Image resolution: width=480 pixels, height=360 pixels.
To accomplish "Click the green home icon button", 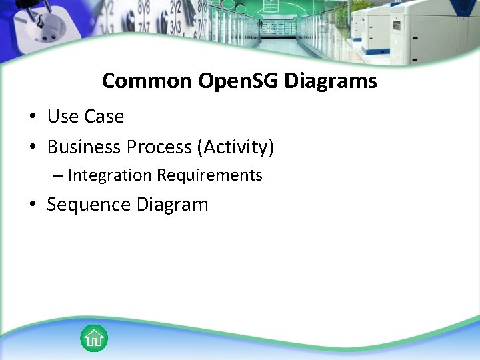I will [94, 338].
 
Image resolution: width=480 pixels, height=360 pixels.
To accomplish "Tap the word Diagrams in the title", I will [331, 81].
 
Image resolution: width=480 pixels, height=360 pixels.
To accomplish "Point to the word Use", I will [62, 117].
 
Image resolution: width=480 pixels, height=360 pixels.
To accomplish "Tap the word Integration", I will [110, 175].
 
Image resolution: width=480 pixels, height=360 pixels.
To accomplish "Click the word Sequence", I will [89, 205].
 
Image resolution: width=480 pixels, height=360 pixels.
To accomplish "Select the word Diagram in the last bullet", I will [172, 205].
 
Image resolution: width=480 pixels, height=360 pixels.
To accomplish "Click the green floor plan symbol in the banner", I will [272, 5].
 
